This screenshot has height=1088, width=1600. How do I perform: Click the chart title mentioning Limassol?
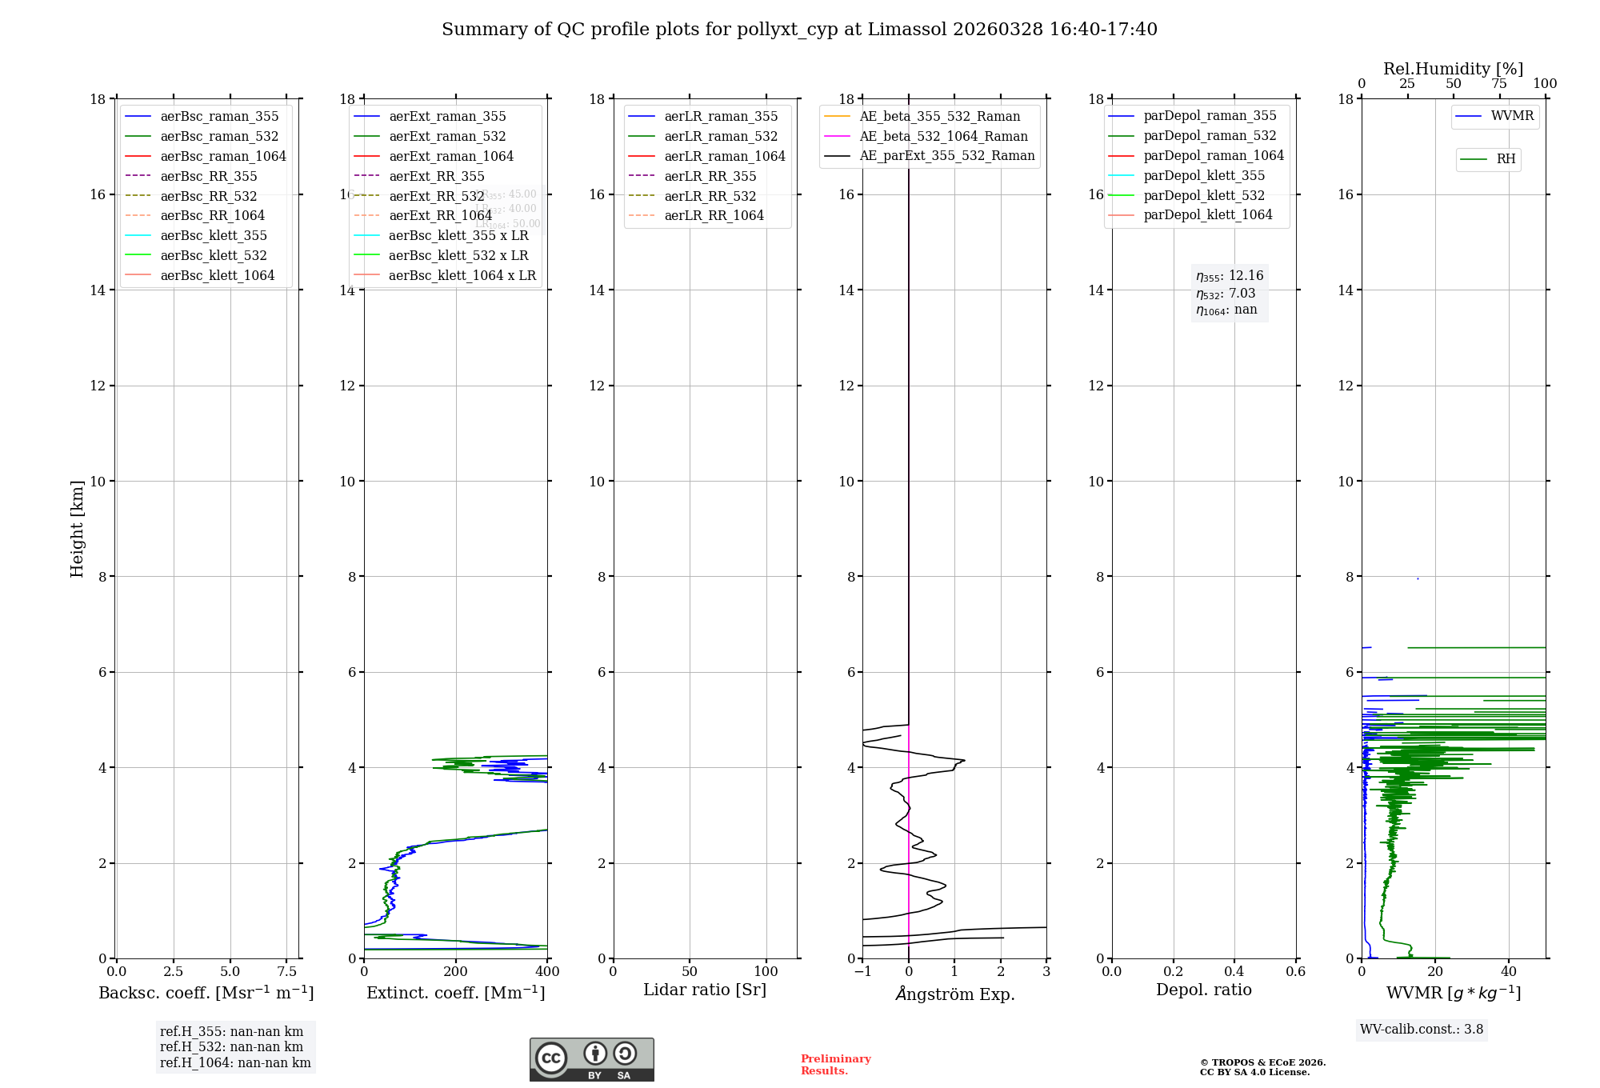[799, 30]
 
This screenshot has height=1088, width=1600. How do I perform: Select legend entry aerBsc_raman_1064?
[222, 156]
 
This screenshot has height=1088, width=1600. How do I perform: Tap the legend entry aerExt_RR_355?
[436, 176]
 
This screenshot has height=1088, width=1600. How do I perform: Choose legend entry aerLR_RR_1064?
[714, 215]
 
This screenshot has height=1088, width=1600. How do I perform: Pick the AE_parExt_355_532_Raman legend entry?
[946, 155]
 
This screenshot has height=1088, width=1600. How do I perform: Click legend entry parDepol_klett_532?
[1204, 195]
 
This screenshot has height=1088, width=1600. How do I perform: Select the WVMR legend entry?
[1512, 116]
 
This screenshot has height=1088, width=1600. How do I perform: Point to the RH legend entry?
[1506, 159]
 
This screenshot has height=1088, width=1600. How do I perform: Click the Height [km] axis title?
[77, 529]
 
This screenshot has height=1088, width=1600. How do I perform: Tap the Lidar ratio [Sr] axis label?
[705, 990]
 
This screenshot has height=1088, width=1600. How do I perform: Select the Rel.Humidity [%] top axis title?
[1453, 69]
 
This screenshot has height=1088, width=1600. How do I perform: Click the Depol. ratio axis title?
[1203, 990]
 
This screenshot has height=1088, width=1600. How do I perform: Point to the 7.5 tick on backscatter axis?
[286, 972]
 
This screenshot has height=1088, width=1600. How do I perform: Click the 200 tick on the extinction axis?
[456, 972]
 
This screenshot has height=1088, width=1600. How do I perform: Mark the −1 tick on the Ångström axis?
[862, 972]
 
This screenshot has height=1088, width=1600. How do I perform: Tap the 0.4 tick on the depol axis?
[1234, 972]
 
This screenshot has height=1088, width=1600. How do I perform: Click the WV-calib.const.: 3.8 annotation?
[1422, 1030]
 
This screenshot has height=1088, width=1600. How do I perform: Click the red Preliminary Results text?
[835, 1065]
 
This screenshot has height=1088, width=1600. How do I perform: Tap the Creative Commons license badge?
[591, 1060]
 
